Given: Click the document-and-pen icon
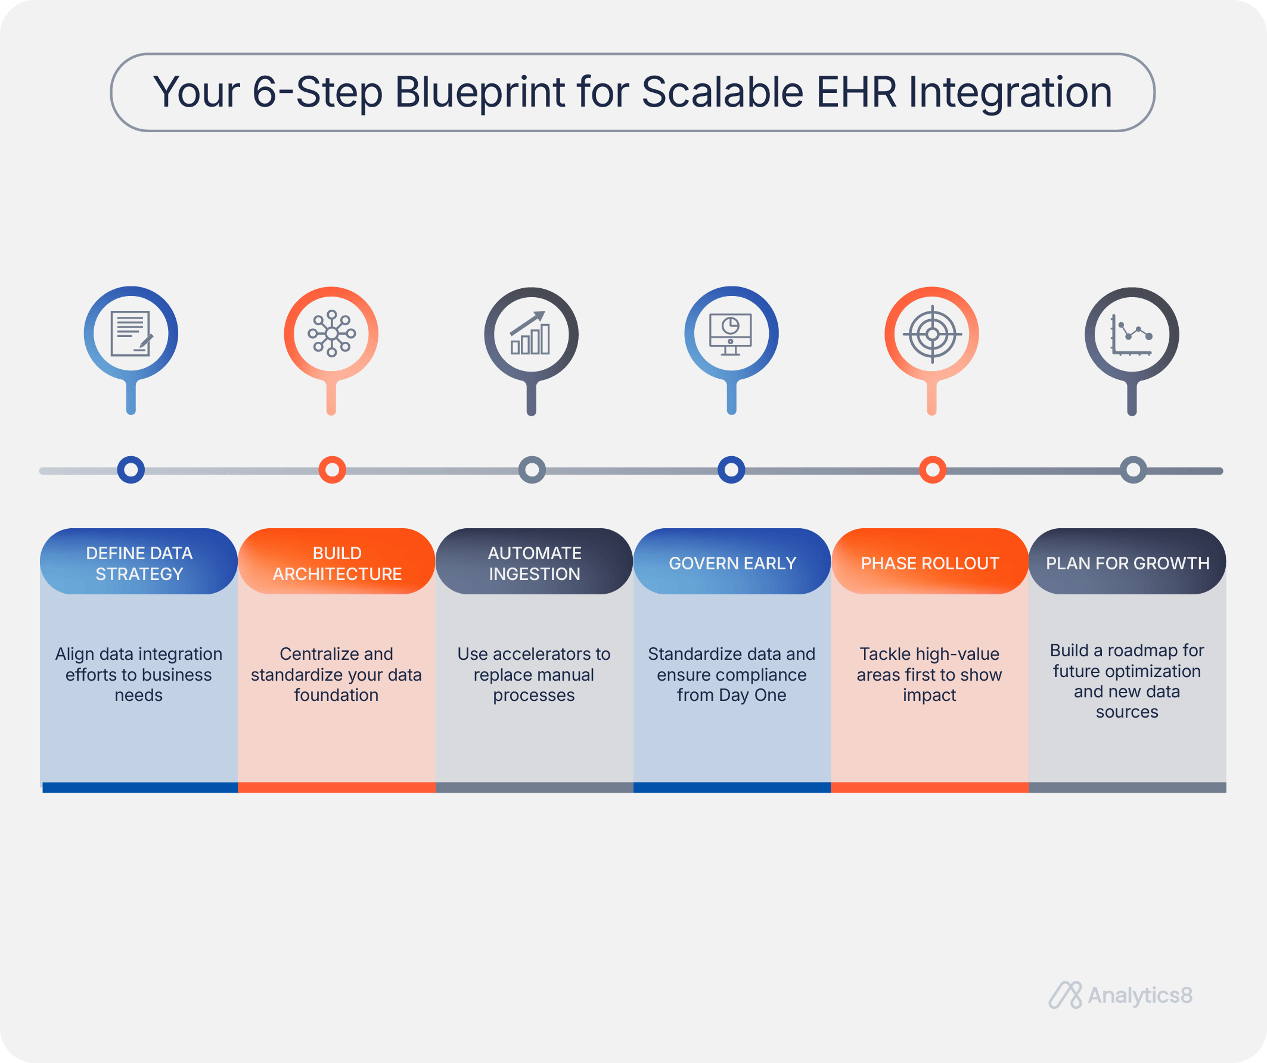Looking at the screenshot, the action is pos(132,333).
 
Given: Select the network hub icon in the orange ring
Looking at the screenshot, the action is pos(331,333).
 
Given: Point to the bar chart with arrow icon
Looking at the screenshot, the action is pos(530,333).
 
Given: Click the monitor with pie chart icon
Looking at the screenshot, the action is pos(731,334).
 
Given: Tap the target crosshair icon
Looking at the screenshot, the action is pos(932,334).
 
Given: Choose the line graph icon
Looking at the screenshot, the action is pos(1132,335).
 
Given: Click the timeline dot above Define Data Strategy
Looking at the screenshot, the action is pos(131,470).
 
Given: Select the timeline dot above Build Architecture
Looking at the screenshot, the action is pos(332,470).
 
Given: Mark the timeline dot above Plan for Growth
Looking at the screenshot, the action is pos(1133,470).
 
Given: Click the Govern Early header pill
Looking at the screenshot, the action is pos(732,562).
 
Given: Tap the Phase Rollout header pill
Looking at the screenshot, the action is pos(930,562).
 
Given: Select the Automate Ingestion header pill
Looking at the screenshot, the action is pos(534,562).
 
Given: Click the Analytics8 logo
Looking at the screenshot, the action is pos(1120,996).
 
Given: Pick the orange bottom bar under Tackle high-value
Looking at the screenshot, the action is pos(930,787).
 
